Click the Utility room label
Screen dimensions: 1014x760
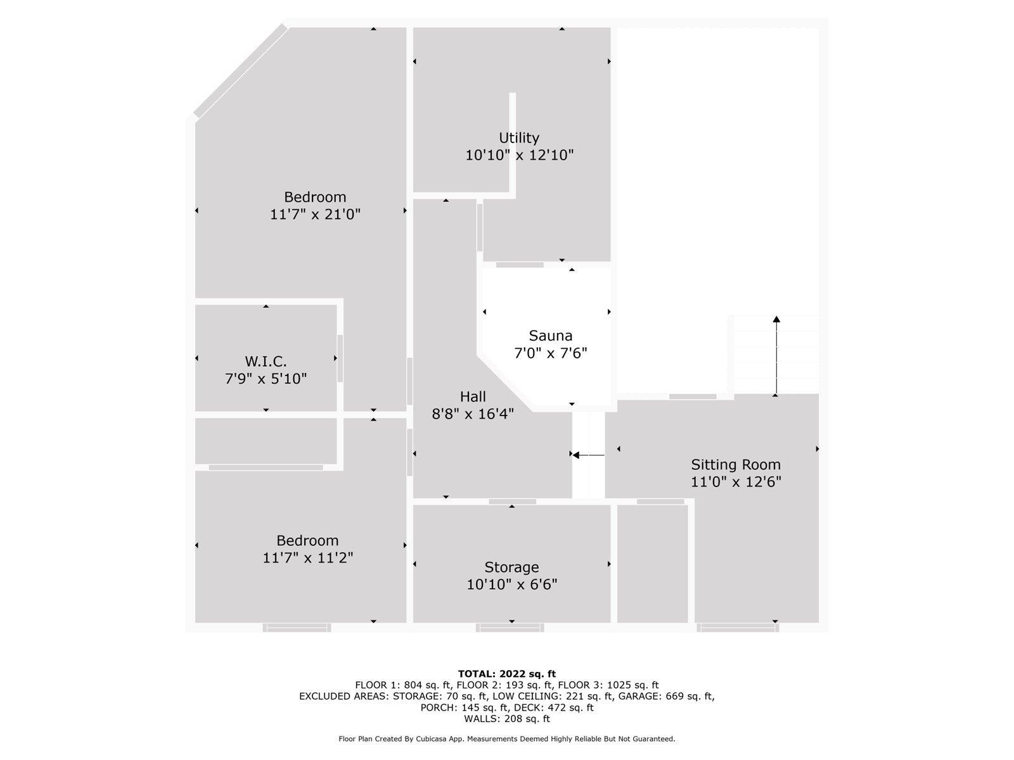pyautogui.click(x=519, y=138)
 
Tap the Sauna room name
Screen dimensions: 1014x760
pyautogui.click(x=550, y=336)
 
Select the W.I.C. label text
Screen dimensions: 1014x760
pyautogui.click(x=266, y=361)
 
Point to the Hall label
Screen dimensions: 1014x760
pyautogui.click(x=473, y=397)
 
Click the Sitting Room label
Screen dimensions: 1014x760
pyautogui.click(x=735, y=464)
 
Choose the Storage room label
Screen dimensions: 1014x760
pyautogui.click(x=511, y=567)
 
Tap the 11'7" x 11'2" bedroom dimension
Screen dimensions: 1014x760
pyautogui.click(x=307, y=558)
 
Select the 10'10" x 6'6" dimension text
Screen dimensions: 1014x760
pyautogui.click(x=512, y=585)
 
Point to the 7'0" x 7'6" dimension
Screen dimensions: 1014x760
pyautogui.click(x=551, y=353)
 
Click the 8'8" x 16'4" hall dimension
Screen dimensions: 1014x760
pyautogui.click(x=473, y=414)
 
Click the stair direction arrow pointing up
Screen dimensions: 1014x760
pyautogui.click(x=776, y=356)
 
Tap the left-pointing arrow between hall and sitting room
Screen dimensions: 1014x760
pyautogui.click(x=588, y=455)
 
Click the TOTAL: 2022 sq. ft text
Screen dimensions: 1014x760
pyautogui.click(x=507, y=674)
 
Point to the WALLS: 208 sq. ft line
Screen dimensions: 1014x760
pyautogui.click(x=507, y=718)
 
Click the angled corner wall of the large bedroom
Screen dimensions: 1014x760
pyautogui.click(x=240, y=70)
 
